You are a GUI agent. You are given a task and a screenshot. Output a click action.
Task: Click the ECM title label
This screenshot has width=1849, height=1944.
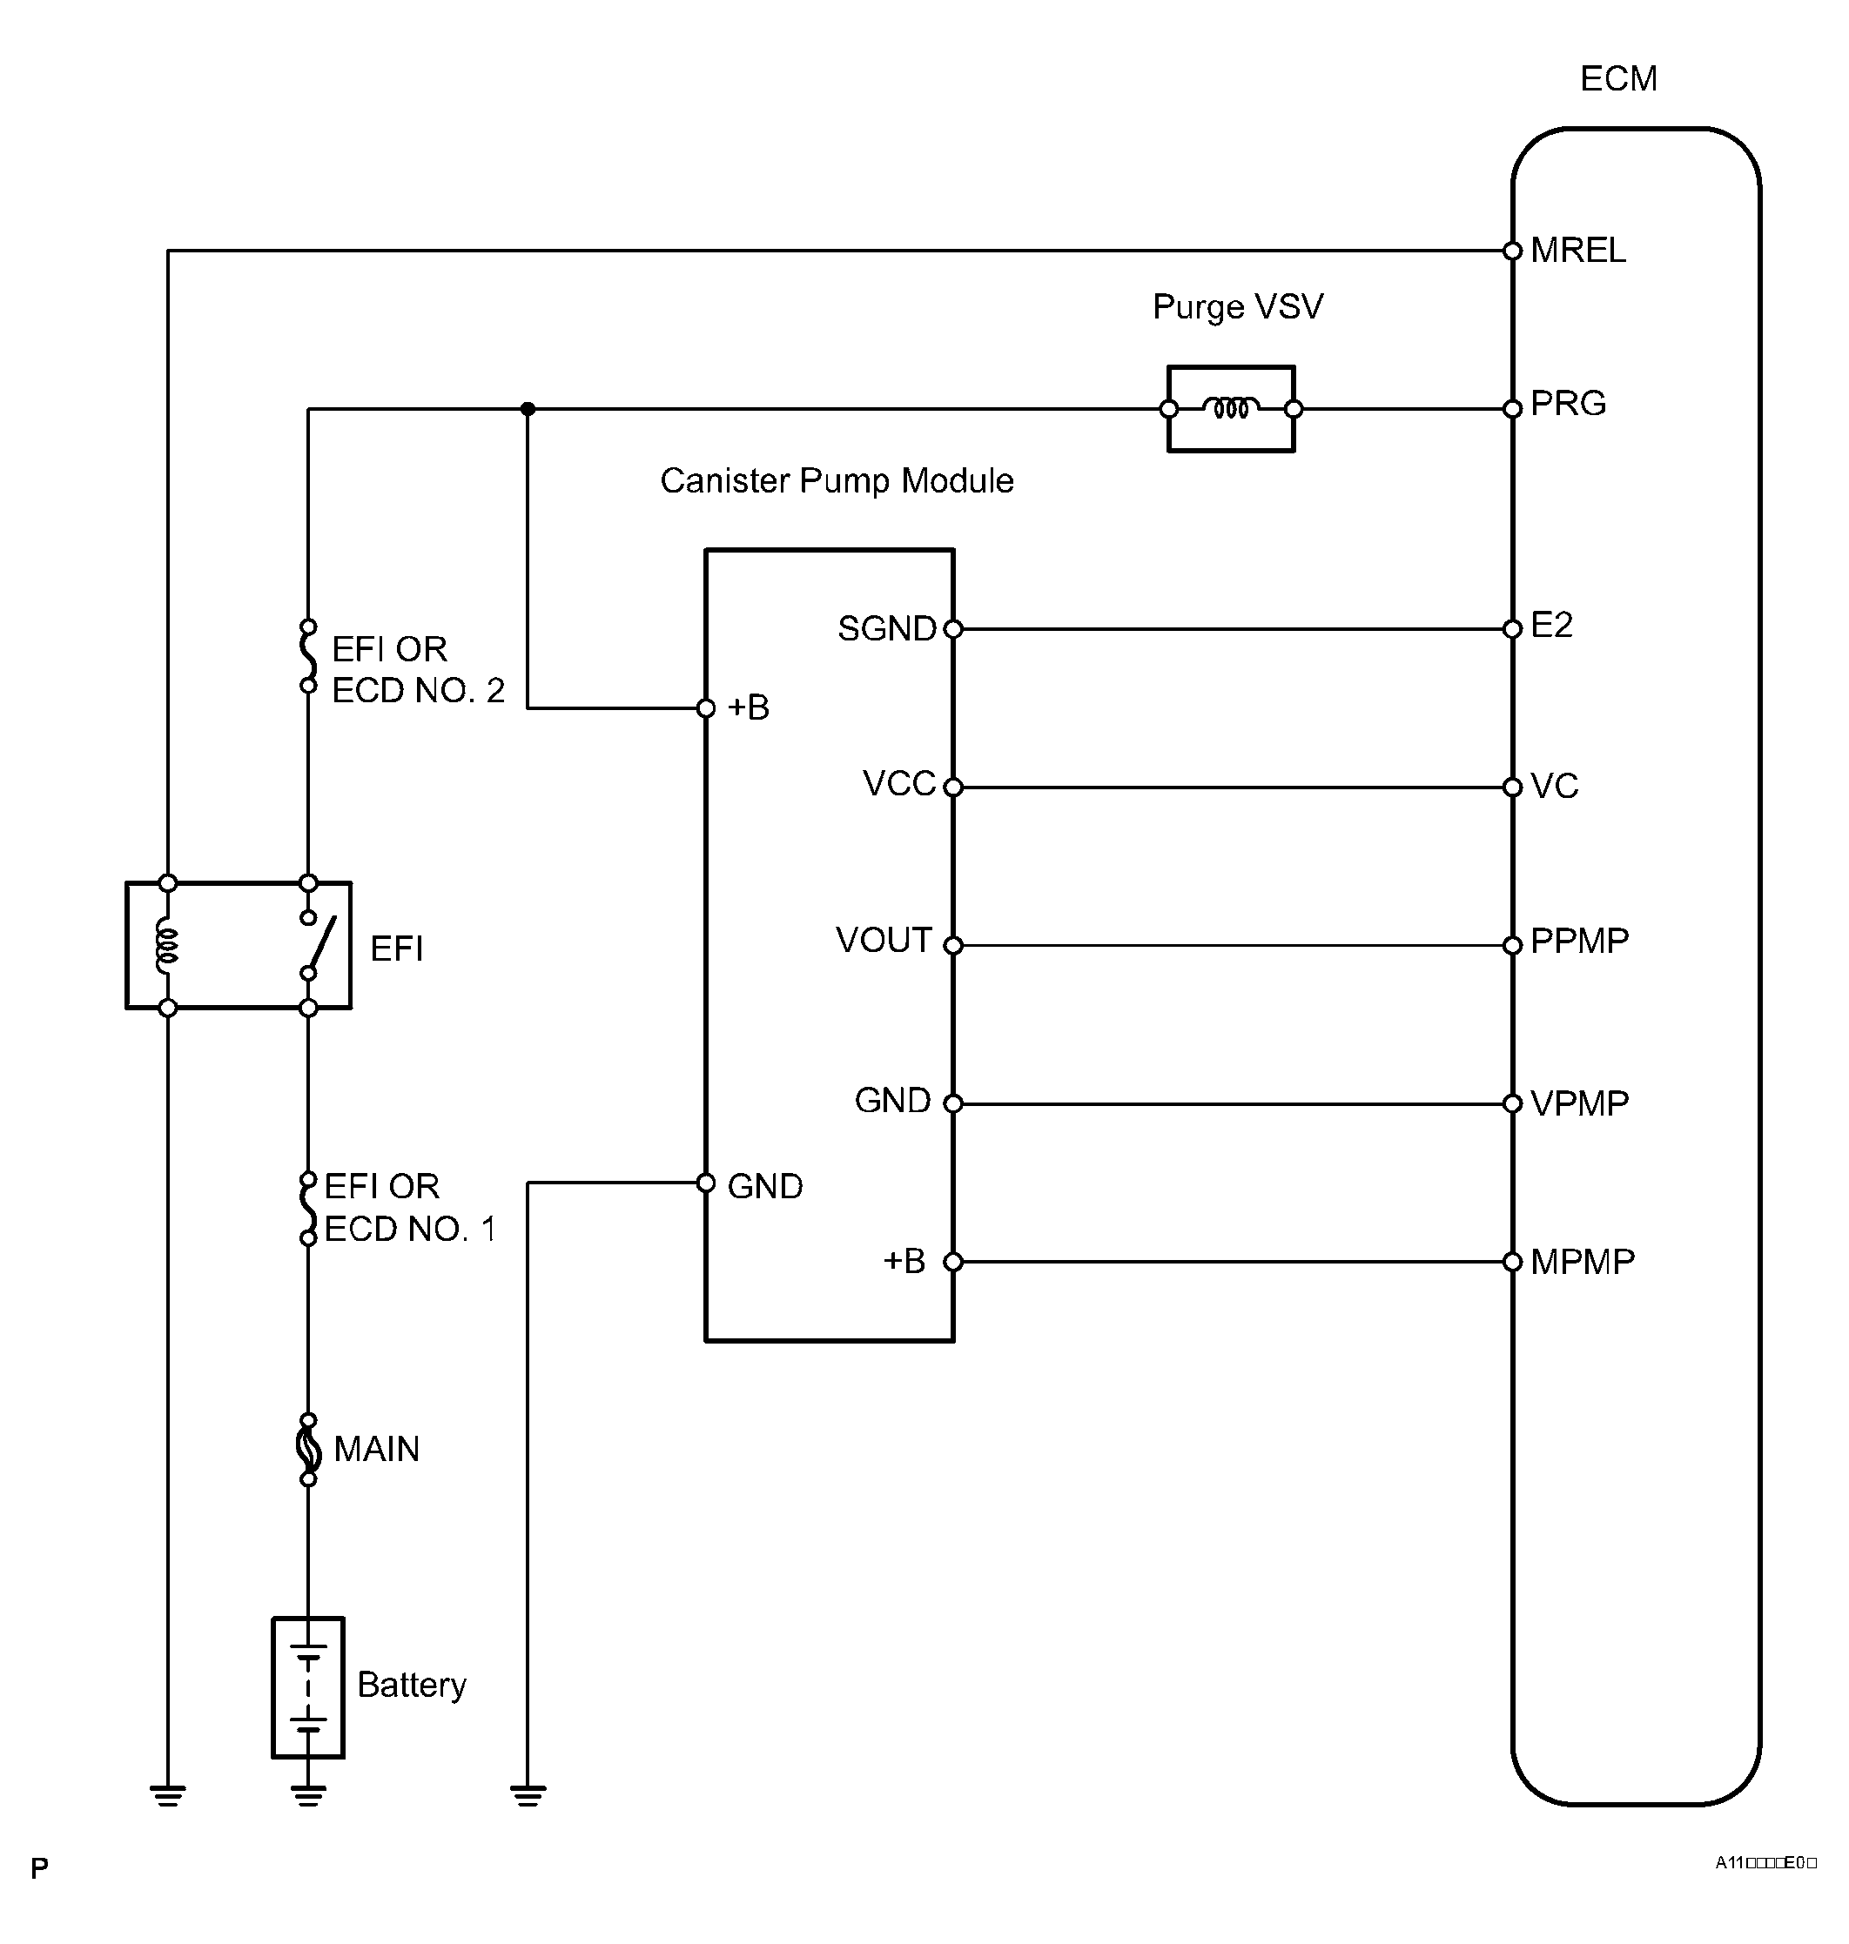(1617, 79)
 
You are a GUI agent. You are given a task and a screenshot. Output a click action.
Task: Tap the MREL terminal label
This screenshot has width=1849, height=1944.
(1578, 251)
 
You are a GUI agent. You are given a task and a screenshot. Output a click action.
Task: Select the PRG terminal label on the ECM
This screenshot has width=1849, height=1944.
(1568, 403)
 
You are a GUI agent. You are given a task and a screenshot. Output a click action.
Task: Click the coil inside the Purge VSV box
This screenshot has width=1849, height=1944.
(1231, 407)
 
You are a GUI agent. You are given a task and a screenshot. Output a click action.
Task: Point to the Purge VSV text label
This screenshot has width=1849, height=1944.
(1238, 307)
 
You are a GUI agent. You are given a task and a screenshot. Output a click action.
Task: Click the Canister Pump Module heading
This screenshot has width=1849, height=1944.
(837, 481)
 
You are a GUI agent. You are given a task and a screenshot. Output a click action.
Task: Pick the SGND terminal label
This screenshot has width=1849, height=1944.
(887, 628)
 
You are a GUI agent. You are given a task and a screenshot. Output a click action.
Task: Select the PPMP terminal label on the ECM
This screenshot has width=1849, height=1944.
(1579, 941)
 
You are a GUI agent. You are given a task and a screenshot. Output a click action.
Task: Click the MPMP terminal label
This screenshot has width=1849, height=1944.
(1582, 1261)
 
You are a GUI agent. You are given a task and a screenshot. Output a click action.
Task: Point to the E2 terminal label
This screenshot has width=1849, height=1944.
(1551, 625)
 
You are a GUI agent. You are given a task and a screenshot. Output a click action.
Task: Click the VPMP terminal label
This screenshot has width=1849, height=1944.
(1579, 1103)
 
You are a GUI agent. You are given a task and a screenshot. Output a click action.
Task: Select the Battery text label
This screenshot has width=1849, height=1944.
(412, 1685)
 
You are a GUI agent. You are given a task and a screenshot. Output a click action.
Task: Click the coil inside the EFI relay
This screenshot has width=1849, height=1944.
(167, 946)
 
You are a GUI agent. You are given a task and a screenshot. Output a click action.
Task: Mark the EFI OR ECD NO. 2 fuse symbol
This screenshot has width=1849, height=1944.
(308, 656)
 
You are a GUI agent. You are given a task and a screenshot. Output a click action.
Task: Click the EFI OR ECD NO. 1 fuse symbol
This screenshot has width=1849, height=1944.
(308, 1208)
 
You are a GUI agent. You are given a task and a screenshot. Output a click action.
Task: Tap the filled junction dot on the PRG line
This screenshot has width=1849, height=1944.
(528, 409)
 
